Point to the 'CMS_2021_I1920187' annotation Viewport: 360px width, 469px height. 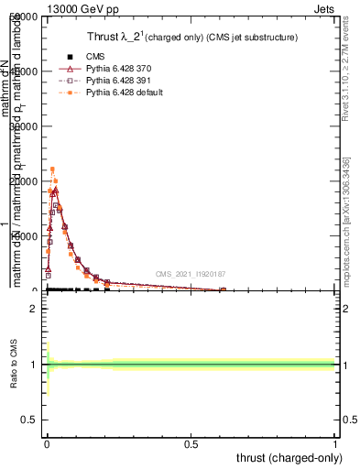pos(191,274)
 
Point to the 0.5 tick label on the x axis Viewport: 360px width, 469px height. pos(191,442)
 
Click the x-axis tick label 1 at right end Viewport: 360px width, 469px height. pos(335,442)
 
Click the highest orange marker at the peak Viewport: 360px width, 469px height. pos(52,169)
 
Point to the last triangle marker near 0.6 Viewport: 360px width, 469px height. pos(223,289)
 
